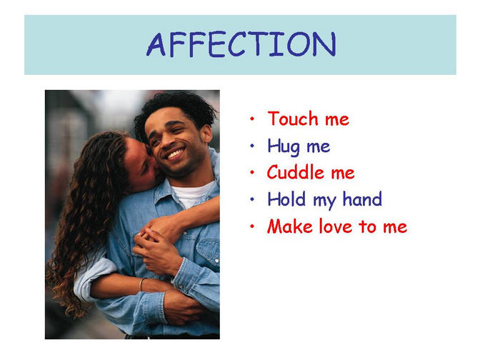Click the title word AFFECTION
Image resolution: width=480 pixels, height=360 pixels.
tap(241, 44)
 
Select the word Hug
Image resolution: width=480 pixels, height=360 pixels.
tap(284, 146)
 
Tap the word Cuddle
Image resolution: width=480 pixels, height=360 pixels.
tap(296, 172)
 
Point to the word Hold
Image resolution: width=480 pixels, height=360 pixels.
tap(286, 199)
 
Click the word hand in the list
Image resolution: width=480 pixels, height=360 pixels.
tap(362, 199)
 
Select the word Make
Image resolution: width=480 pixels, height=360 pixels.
tap(290, 226)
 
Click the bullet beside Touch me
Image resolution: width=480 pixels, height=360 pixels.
tap(252, 119)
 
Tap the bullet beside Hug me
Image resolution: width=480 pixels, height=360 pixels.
tap(252, 146)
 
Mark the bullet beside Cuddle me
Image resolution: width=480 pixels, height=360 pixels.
tap(252, 173)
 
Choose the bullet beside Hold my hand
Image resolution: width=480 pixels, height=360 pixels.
tap(252, 199)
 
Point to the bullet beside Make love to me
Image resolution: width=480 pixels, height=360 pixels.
tap(252, 226)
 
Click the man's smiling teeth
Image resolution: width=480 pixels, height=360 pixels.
tap(176, 154)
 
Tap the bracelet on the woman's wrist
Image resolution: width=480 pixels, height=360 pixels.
tap(141, 284)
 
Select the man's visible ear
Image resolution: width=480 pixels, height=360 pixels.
tap(206, 134)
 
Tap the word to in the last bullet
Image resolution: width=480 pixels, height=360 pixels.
tap(368, 226)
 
